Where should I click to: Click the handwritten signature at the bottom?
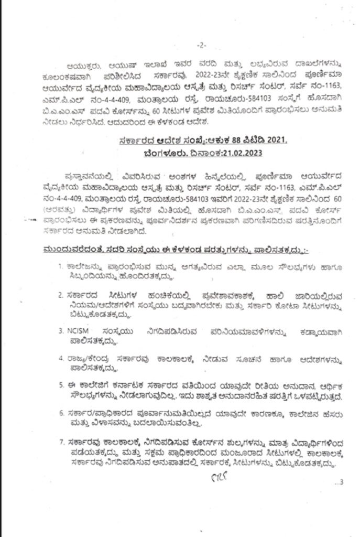[x=216, y=478]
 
